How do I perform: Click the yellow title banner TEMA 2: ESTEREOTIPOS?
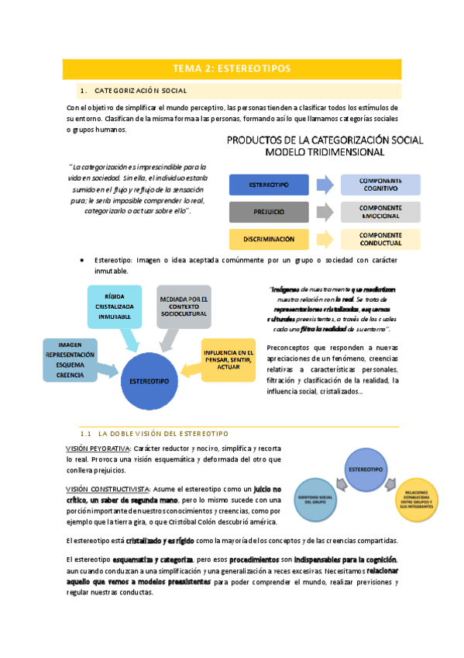coord(232,68)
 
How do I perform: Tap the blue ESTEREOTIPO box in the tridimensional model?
coord(268,185)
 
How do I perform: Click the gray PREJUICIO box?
coord(268,211)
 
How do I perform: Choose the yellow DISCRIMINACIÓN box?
coord(268,239)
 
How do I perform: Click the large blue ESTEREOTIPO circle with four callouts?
coord(150,382)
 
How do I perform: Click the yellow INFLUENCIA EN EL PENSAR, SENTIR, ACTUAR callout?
coord(228,359)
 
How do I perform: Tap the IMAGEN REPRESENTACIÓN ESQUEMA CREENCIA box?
coord(70,359)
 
